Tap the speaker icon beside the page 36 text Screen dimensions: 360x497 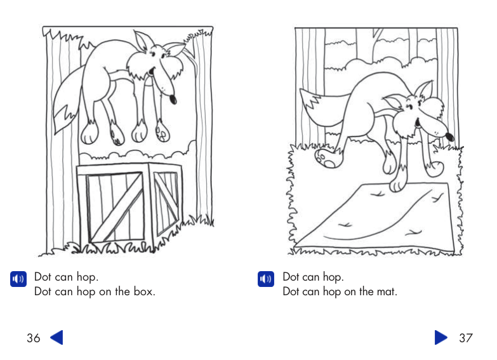click(18, 279)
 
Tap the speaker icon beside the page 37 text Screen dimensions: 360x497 click(265, 279)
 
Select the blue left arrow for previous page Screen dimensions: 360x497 click(56, 337)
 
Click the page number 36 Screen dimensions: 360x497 click(34, 338)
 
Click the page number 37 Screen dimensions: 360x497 click(466, 338)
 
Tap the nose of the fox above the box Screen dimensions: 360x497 click(173, 99)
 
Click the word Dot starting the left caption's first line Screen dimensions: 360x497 click(43, 277)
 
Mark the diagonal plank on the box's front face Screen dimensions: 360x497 click(115, 210)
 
